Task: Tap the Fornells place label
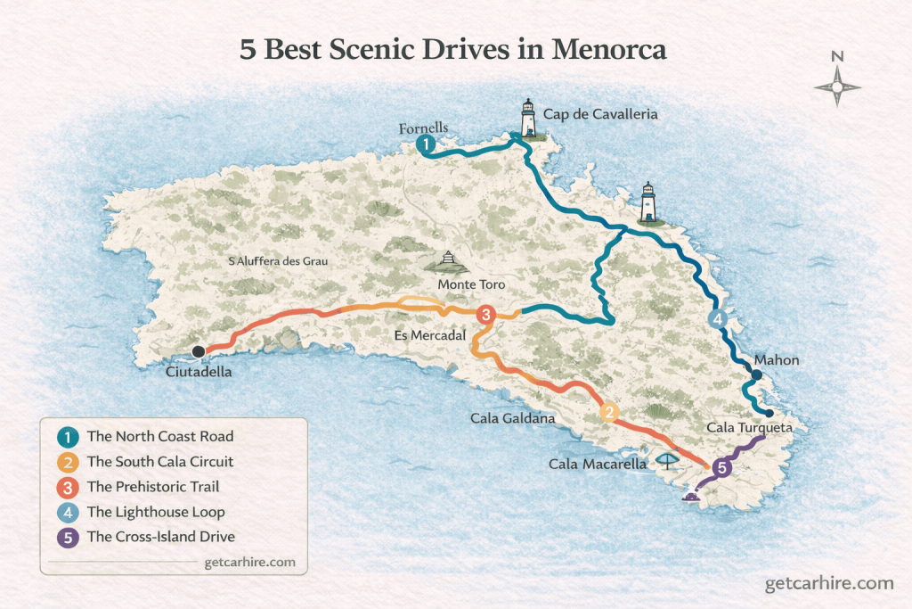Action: click(x=423, y=128)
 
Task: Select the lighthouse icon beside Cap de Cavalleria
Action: click(x=529, y=120)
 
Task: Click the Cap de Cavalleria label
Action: click(x=601, y=115)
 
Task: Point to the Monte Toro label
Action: click(x=471, y=284)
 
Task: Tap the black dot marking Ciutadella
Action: click(x=199, y=351)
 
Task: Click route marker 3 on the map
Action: click(x=485, y=314)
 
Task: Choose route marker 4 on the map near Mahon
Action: click(x=716, y=319)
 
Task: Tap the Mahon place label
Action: click(x=777, y=360)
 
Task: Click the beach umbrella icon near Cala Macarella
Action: click(x=666, y=460)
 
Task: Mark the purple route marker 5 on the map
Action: click(x=722, y=466)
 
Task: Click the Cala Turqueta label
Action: click(x=749, y=428)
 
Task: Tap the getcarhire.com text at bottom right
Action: click(x=828, y=583)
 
